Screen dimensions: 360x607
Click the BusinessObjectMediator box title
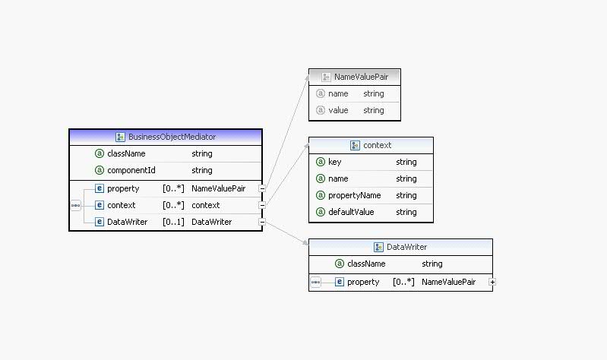pyautogui.click(x=171, y=137)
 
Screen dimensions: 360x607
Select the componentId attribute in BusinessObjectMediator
pyautogui.click(x=131, y=170)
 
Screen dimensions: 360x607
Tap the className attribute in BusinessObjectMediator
pyautogui.click(x=126, y=153)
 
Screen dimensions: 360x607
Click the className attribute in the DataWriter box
pyautogui.click(x=366, y=264)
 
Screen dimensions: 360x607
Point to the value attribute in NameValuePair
pyautogui.click(x=338, y=110)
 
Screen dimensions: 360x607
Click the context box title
pyautogui.click(x=377, y=145)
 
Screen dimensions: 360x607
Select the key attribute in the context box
pyautogui.click(x=335, y=162)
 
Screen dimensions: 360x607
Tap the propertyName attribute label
pyautogui.click(x=354, y=195)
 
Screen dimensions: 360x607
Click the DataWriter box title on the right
pyautogui.click(x=406, y=247)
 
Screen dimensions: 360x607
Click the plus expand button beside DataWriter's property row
pyautogui.click(x=492, y=282)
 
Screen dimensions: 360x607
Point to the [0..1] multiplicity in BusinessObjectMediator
pyautogui.click(x=173, y=222)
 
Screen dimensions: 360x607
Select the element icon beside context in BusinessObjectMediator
pyautogui.click(x=100, y=205)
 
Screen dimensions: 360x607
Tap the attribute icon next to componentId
pyautogui.click(x=100, y=170)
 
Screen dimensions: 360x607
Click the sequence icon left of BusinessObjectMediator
pyautogui.click(x=75, y=205)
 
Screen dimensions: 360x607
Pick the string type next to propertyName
pyautogui.click(x=406, y=195)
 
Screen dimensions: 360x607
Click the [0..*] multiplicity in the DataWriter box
pyautogui.click(x=403, y=282)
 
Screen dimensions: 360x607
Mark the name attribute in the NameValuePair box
pyautogui.click(x=338, y=93)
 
